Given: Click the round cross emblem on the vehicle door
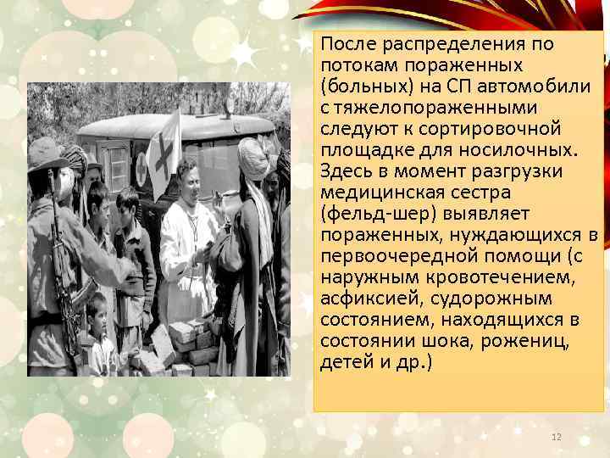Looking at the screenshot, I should coord(141,170).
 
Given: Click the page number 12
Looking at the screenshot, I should coord(557,436).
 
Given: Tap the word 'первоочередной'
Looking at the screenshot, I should coord(386,256).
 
